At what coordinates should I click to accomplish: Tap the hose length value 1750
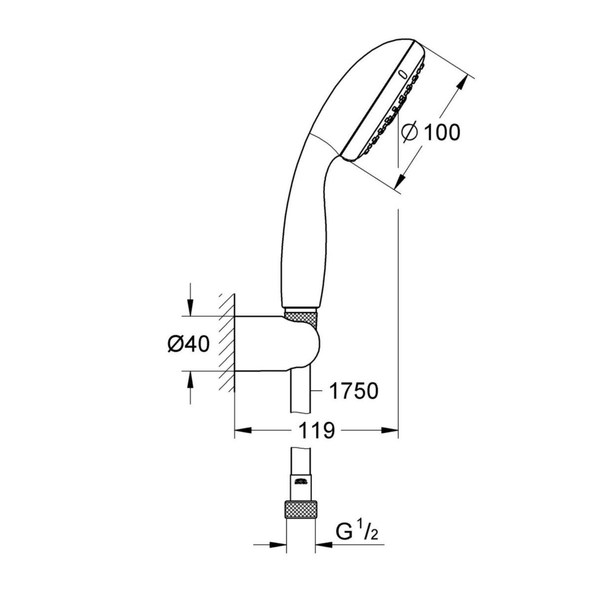pos(353,391)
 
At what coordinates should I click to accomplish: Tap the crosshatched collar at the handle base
pos(300,316)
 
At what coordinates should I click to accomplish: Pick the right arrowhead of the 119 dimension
pos(390,431)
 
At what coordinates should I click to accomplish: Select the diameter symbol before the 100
pos(410,132)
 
